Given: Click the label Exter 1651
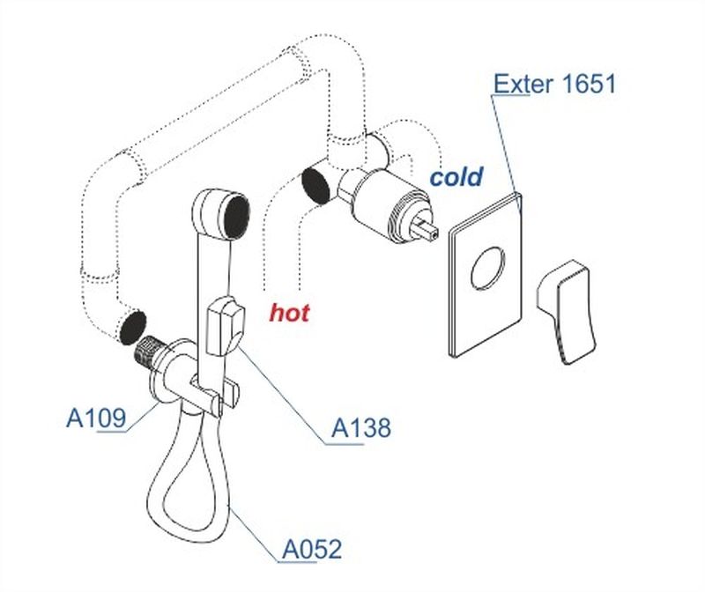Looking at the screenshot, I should coord(554,85).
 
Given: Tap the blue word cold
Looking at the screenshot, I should coord(456,176).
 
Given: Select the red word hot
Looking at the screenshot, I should coord(290,312).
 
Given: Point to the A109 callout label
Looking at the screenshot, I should coord(96,417).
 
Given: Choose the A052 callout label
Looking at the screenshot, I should coord(311,551).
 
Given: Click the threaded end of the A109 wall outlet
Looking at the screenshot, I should coord(146,352).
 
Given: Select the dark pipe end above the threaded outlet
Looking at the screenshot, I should coord(132,327).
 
